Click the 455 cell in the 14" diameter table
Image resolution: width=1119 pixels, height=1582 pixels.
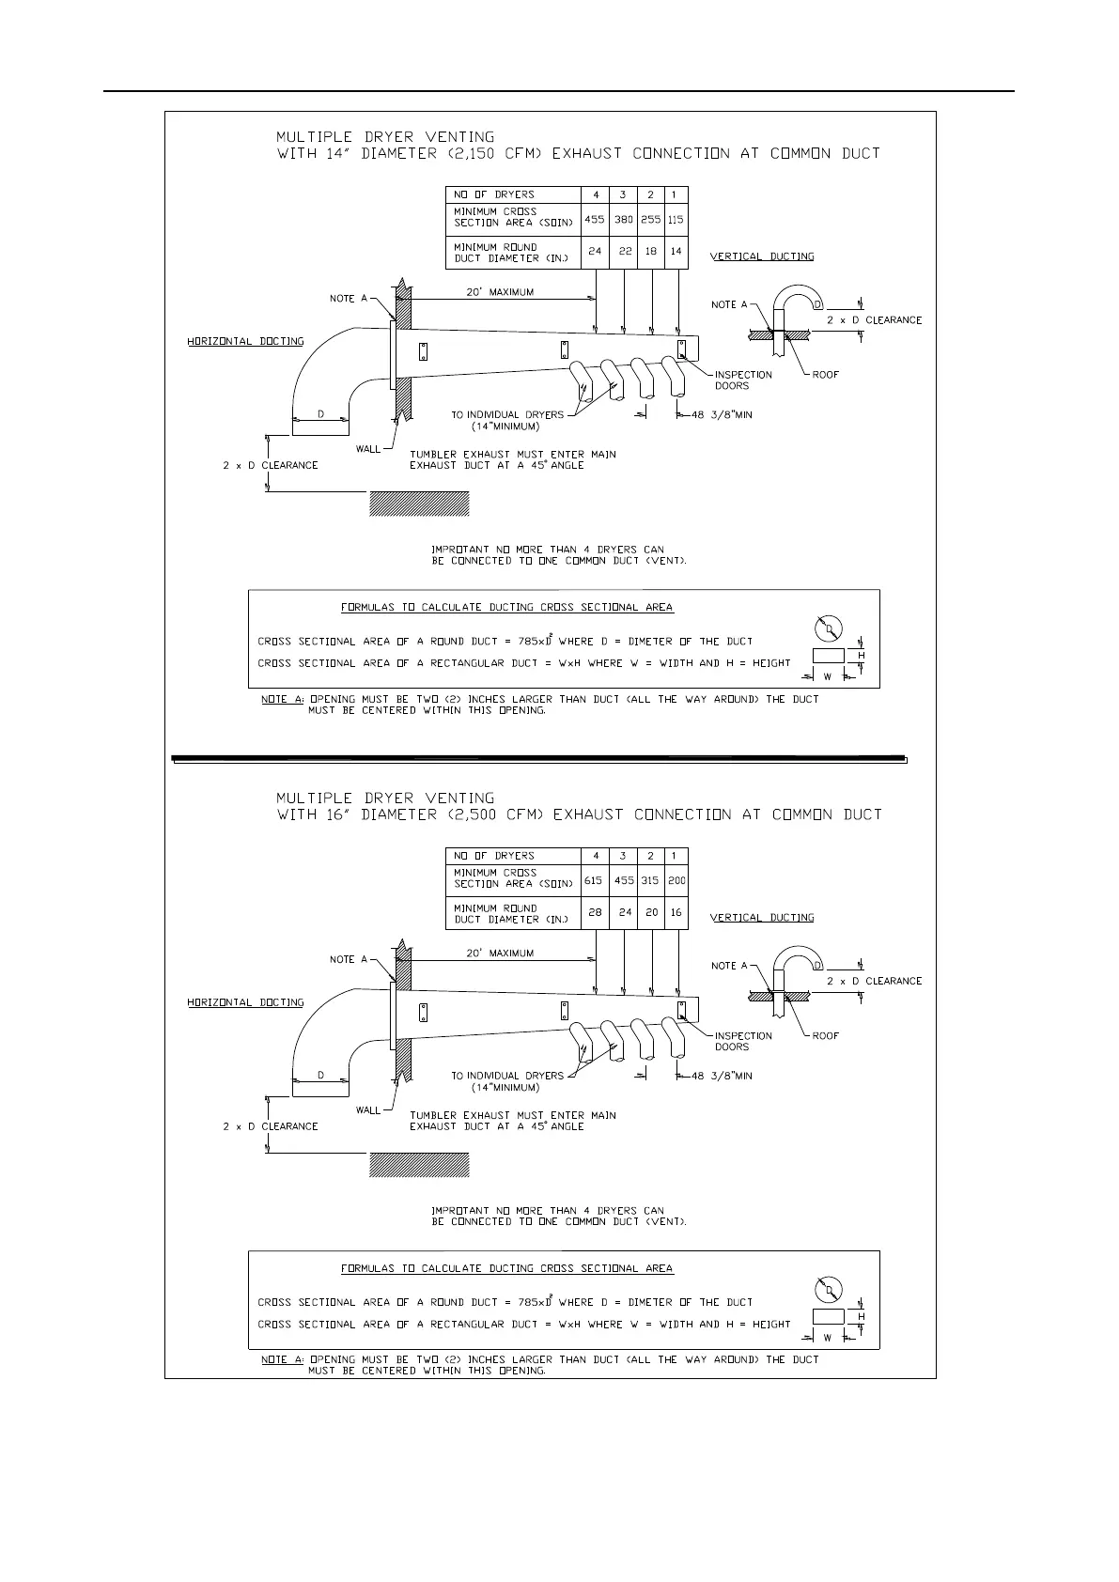594,220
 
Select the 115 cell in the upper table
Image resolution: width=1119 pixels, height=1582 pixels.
676,220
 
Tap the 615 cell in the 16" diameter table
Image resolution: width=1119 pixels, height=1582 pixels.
594,881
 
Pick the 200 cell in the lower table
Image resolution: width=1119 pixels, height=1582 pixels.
676,881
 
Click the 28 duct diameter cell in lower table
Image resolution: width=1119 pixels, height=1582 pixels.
595,912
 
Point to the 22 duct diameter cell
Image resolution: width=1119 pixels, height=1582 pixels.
624,252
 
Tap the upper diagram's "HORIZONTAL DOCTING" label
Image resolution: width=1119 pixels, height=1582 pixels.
245,341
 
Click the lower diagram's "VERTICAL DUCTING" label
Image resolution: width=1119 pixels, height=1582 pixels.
762,918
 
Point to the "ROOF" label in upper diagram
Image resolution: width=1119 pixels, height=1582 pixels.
826,375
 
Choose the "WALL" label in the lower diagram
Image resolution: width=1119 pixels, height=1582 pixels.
368,1110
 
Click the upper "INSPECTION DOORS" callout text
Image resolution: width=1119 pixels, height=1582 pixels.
743,380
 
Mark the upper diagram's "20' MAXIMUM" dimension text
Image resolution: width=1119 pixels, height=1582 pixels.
500,292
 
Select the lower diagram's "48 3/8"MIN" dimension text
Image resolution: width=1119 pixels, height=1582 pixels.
722,1076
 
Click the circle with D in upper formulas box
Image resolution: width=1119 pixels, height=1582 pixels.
828,628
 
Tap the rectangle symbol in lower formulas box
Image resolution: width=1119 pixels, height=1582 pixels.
829,1315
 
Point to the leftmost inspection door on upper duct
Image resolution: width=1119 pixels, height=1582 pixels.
423,351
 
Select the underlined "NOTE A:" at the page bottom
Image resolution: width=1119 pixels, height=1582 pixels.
282,1359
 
